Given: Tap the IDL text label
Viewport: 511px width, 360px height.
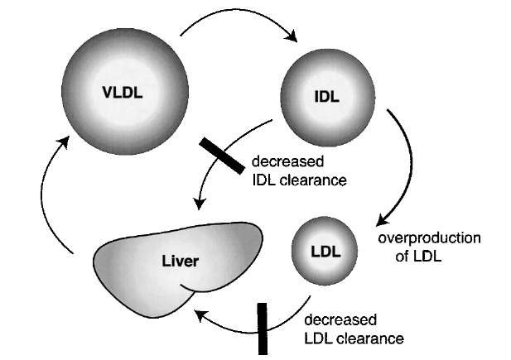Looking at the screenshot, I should pos(325,95).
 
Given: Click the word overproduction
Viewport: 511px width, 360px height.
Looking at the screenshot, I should pos(429,238).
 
